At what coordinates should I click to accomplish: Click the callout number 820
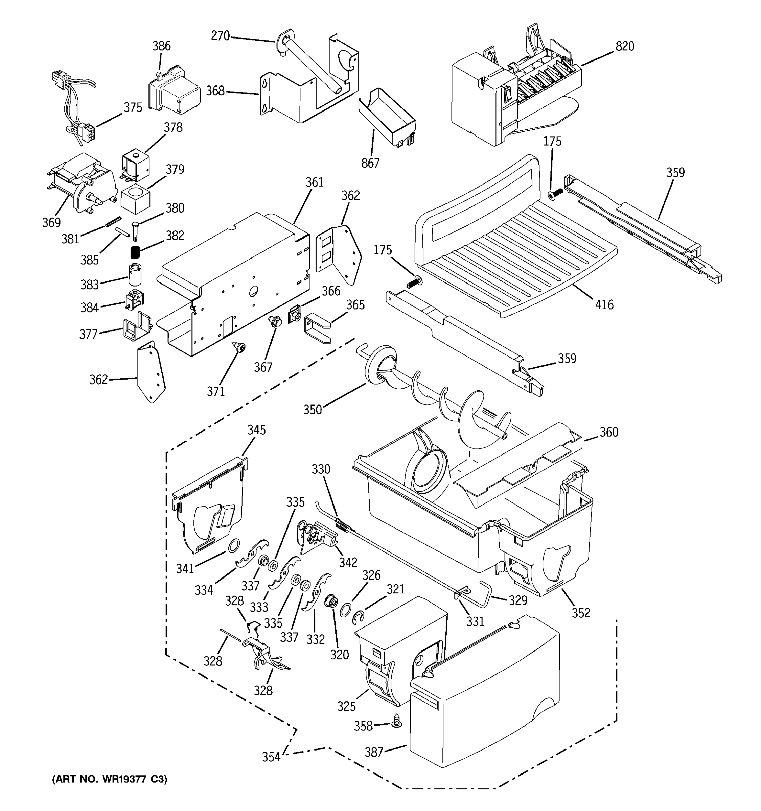point(625,46)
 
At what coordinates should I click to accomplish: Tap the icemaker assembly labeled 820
point(514,94)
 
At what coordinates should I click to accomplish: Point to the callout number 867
point(370,163)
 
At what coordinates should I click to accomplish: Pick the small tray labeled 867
point(387,116)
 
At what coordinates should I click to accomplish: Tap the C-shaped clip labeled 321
point(358,617)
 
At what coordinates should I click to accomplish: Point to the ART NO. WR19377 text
point(109,779)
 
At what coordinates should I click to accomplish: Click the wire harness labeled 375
point(77,106)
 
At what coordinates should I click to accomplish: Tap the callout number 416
point(604,304)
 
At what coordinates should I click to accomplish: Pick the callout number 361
point(314,182)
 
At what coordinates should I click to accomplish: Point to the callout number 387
point(373,752)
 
